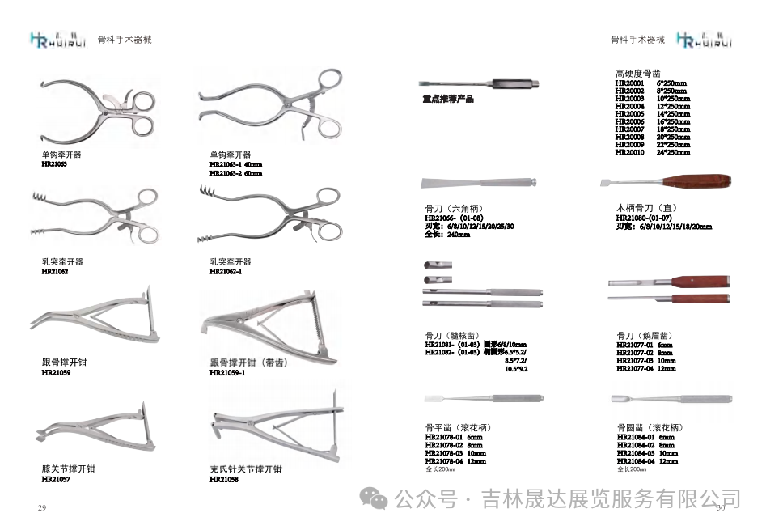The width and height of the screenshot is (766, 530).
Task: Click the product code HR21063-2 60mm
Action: tap(235, 173)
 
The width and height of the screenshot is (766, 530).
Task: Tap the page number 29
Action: tap(41, 507)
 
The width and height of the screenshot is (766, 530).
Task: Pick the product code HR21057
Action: tap(55, 479)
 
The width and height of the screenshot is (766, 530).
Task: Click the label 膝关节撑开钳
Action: tap(68, 469)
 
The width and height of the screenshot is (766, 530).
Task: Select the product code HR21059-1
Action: tap(226, 373)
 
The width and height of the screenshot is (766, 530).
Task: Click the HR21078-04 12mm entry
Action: tap(455, 461)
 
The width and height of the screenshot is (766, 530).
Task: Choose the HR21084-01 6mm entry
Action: tap(645, 437)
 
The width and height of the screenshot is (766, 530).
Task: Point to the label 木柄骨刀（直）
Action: tap(651, 208)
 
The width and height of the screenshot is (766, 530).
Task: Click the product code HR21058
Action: tap(223, 479)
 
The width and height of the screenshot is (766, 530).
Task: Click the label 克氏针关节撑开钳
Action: tap(245, 469)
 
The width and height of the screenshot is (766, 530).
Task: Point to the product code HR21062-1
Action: tap(225, 272)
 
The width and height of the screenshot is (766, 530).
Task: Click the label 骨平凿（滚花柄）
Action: tap(458, 427)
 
